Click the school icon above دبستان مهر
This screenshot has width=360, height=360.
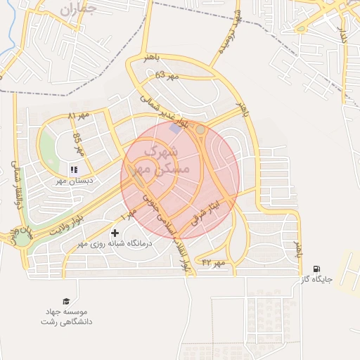coord(74,169)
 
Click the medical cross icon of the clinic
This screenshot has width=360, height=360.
coord(115,233)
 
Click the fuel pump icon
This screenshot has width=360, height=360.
coord(316,269)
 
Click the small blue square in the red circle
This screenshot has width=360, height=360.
coord(175,130)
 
